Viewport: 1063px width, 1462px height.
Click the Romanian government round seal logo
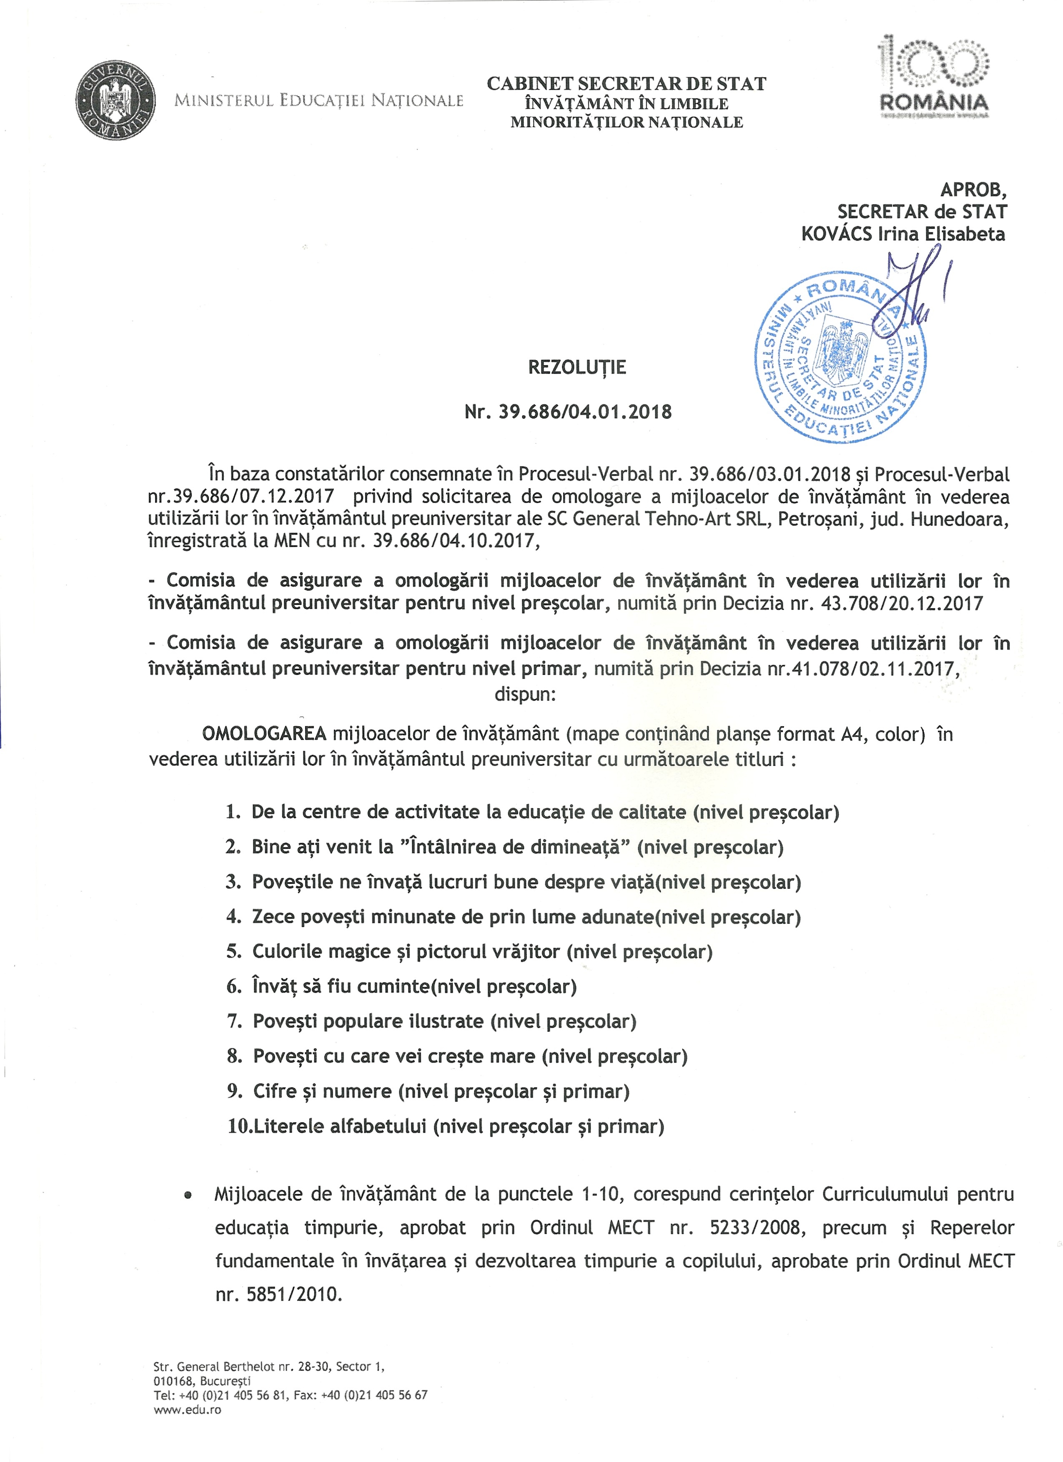[116, 101]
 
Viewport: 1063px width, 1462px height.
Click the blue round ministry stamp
[841, 356]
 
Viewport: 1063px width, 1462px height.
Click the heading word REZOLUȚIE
[577, 367]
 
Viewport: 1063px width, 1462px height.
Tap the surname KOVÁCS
[836, 233]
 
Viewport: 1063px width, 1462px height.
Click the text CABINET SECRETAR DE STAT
[626, 84]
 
